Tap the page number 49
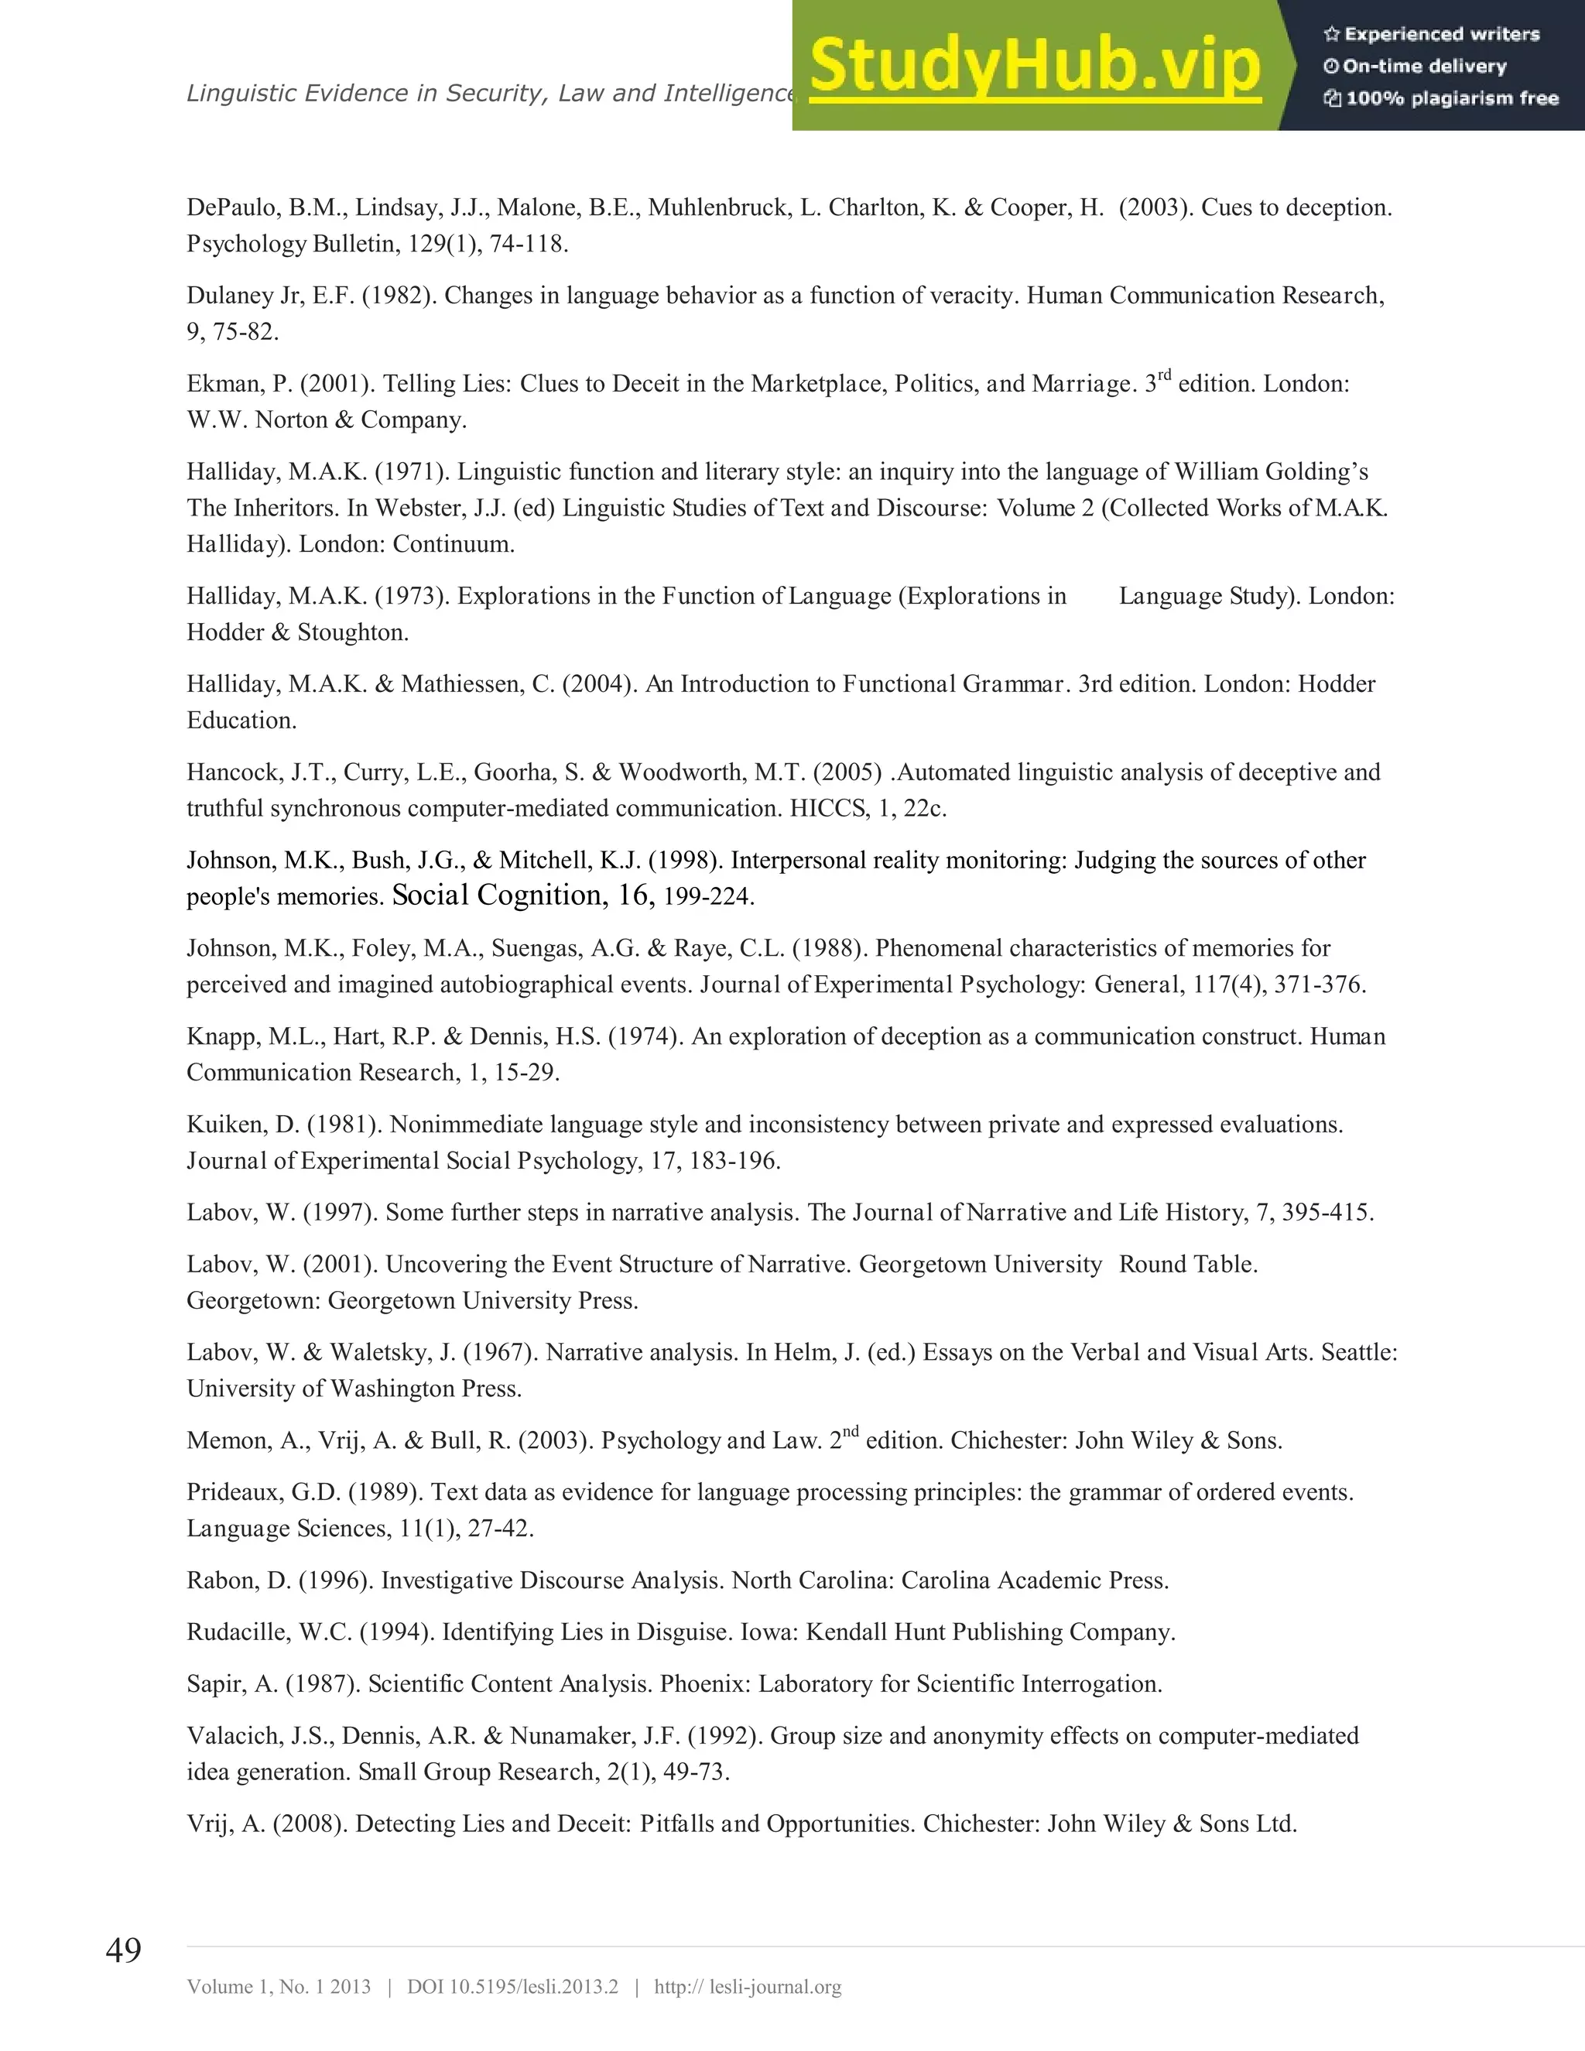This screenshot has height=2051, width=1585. pos(123,1950)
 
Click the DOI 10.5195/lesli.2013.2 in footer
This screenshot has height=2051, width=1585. pos(512,1986)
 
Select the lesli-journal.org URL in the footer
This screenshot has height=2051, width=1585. pos(748,1986)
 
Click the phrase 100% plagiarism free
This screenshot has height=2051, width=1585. pos(1452,98)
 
